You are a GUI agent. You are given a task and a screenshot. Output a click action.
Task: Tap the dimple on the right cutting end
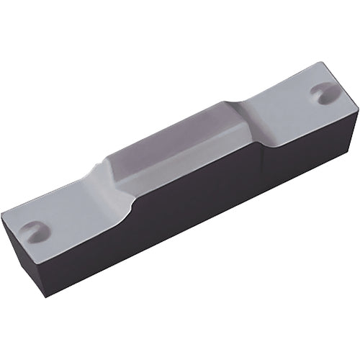point(318,94)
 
